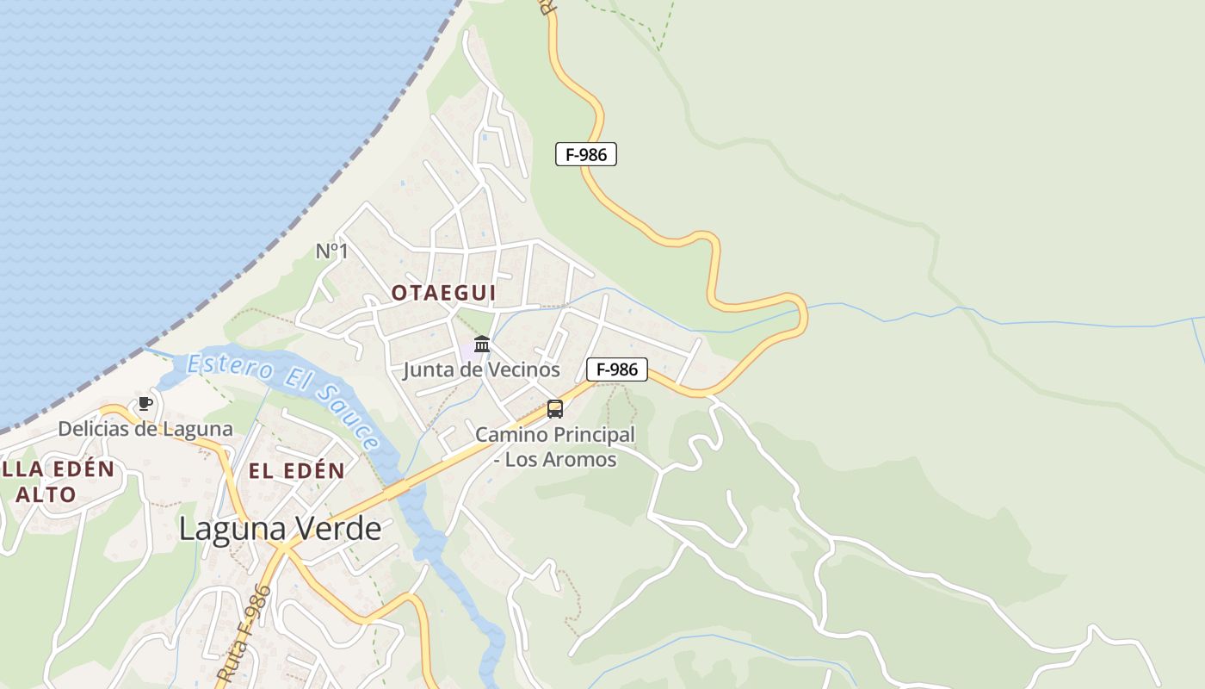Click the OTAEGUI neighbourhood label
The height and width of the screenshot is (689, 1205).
[x=443, y=293]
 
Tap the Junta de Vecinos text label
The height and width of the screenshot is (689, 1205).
[x=481, y=370]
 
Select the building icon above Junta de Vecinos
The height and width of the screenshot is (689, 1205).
[x=482, y=344]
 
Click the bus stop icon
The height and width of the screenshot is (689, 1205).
[x=555, y=409]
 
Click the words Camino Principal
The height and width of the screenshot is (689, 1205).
[x=555, y=435]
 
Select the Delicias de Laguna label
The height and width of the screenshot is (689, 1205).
[x=145, y=428]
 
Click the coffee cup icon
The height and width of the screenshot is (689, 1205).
[x=145, y=403]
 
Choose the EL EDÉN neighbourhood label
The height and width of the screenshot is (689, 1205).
[x=297, y=471]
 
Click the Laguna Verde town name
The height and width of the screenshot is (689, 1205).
[x=280, y=528]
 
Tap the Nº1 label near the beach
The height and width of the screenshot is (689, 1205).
[x=331, y=251]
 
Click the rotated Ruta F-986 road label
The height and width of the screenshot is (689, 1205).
[x=245, y=633]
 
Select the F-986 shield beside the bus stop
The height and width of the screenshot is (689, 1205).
[x=616, y=369]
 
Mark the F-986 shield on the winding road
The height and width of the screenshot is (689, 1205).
[x=586, y=155]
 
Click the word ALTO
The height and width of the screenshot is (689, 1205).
[x=46, y=495]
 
